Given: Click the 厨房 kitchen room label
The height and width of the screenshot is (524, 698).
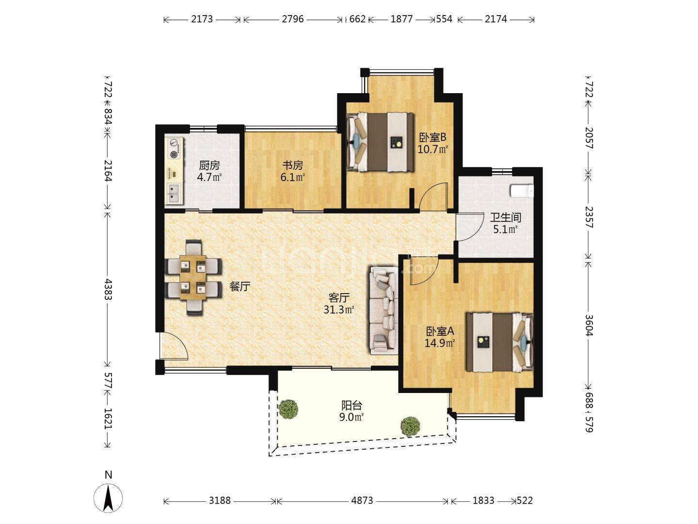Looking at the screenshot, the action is [x=209, y=165].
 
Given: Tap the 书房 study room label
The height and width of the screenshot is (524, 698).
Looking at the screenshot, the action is [x=293, y=165].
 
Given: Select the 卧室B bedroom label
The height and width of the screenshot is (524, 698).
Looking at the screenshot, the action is [x=432, y=137].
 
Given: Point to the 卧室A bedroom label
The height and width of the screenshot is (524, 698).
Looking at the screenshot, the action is [x=440, y=331].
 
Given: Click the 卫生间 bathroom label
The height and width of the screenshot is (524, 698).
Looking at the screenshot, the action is [x=505, y=218].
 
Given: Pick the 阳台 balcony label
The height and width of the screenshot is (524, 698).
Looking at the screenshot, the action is [x=352, y=406].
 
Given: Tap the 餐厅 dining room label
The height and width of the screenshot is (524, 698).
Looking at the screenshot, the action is [x=240, y=287].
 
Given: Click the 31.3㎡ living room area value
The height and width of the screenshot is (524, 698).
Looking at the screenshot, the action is [x=339, y=309].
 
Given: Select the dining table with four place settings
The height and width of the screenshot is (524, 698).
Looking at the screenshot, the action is [x=193, y=278].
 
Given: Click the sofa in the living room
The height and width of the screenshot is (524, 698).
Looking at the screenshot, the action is [x=384, y=311].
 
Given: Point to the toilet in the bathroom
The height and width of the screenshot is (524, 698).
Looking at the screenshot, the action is [x=522, y=191].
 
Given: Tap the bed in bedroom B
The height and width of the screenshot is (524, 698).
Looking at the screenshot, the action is [x=380, y=142].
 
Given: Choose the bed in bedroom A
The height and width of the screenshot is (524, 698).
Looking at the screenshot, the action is [x=500, y=343].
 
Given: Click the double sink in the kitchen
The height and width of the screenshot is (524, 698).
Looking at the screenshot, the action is [x=174, y=194].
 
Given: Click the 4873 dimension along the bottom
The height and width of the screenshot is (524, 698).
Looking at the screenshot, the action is [x=362, y=500].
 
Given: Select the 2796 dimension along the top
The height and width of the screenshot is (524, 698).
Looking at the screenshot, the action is [x=293, y=19].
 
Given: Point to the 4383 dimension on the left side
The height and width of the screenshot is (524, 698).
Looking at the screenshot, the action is [x=109, y=289].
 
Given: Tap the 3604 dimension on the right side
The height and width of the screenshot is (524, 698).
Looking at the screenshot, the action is [x=589, y=325].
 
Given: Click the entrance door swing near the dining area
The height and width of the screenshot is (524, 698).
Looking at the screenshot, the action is [x=175, y=346].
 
